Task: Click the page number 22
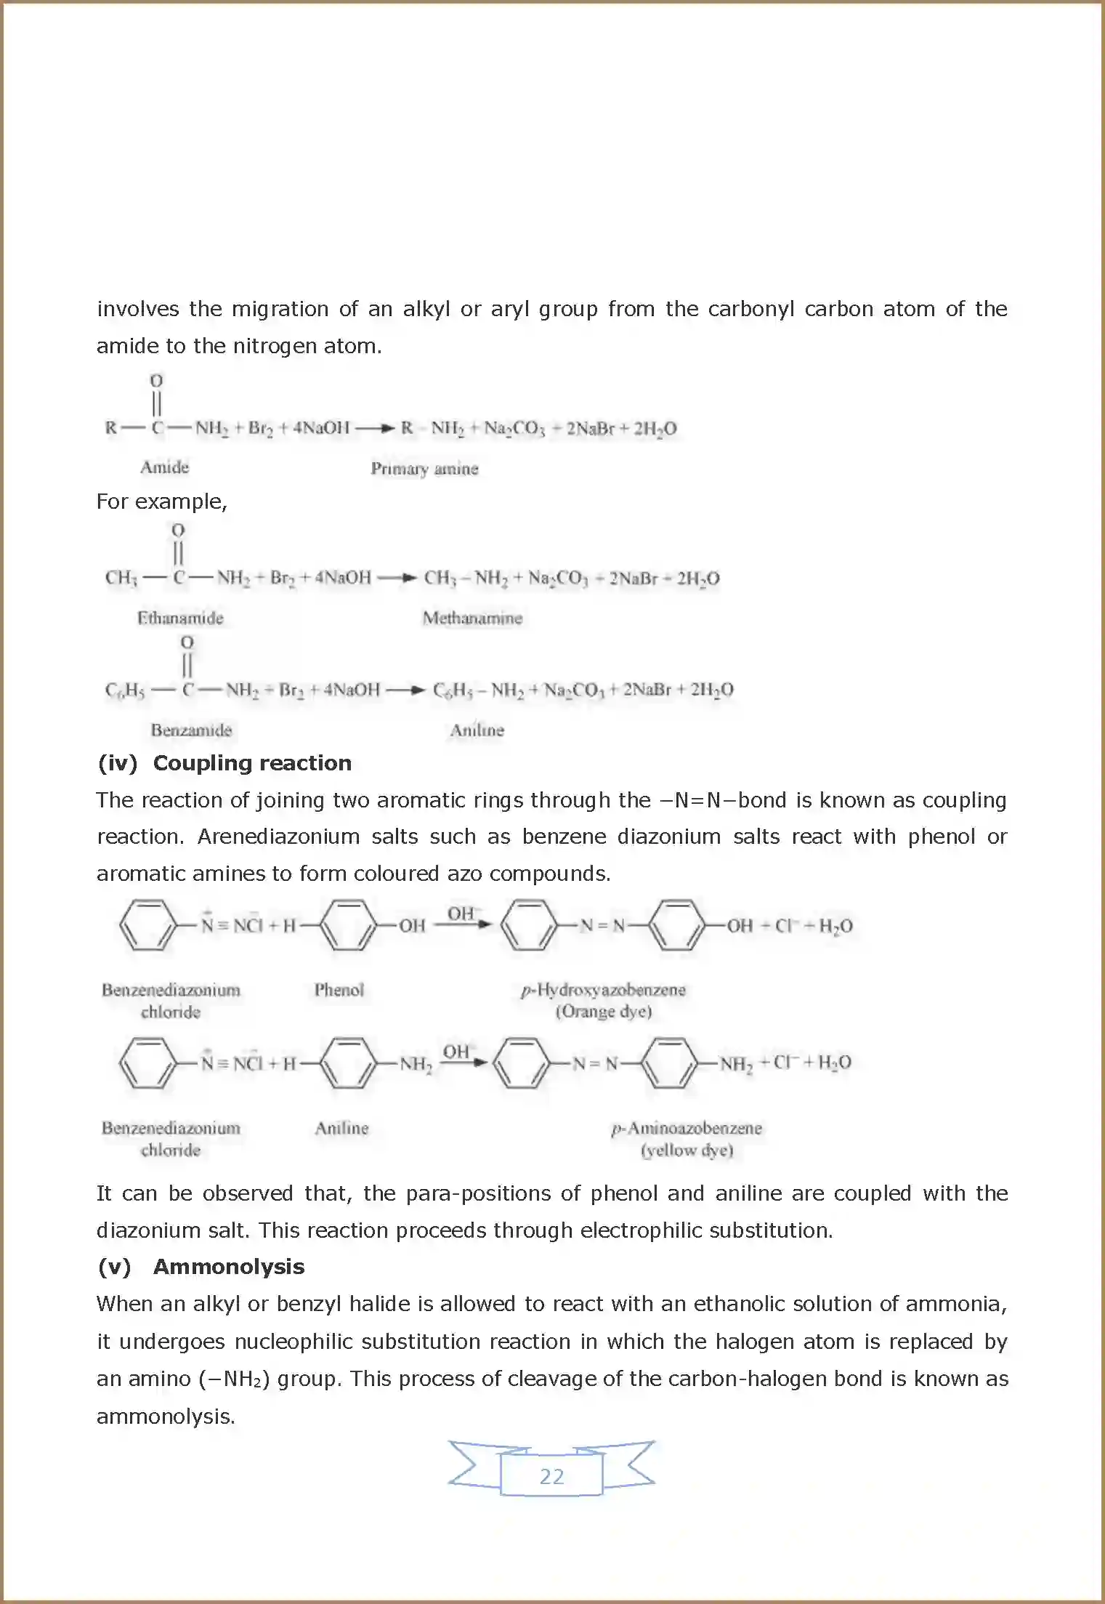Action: [551, 1476]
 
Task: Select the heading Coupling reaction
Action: [251, 762]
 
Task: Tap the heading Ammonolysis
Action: [228, 1266]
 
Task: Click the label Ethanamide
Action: [180, 618]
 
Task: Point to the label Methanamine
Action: [472, 618]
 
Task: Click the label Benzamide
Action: [191, 730]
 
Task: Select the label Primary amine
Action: [424, 469]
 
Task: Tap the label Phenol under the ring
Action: [339, 989]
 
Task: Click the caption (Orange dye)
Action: [603, 1011]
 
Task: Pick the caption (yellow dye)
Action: [687, 1150]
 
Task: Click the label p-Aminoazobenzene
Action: [687, 1128]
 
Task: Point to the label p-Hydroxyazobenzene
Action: [603, 989]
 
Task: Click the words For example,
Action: [161, 501]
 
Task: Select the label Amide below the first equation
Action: [164, 467]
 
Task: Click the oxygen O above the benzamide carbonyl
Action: [187, 642]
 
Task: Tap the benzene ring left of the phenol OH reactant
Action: [349, 925]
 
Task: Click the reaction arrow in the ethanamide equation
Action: [397, 579]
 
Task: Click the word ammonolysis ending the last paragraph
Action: [165, 1416]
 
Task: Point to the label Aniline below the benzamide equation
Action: [477, 730]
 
